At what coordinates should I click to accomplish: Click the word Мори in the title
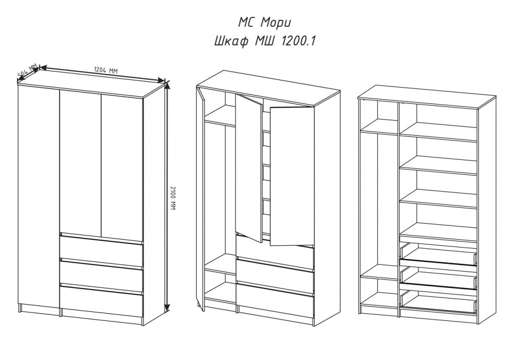(276, 23)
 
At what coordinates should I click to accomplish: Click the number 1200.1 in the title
(298, 41)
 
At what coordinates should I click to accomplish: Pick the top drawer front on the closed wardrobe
(101, 249)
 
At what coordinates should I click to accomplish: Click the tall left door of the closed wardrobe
(39, 197)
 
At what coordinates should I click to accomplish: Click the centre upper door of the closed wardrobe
(80, 163)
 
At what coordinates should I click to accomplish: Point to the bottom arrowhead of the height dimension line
(167, 307)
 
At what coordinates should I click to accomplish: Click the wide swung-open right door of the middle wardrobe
(292, 175)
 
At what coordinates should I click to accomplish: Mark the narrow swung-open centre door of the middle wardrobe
(249, 168)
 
